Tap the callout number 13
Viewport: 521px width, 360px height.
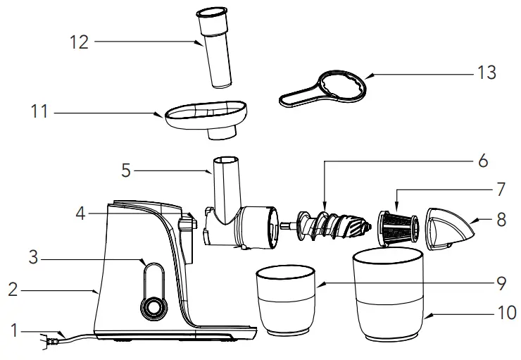point(486,73)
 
